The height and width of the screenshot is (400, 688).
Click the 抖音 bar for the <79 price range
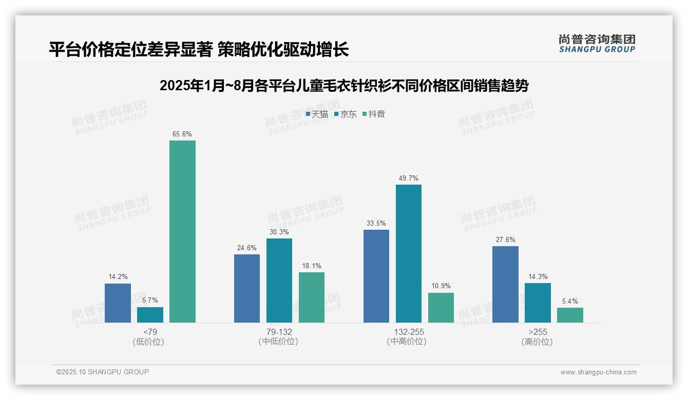[x=182, y=231]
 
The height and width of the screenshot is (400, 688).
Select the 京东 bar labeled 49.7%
[x=408, y=253]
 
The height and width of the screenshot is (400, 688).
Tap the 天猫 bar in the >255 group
[x=505, y=284]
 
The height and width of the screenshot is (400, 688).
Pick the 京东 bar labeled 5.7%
[x=150, y=314]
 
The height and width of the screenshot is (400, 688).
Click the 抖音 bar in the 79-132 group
[x=312, y=297]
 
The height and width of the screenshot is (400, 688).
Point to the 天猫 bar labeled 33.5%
[x=376, y=276]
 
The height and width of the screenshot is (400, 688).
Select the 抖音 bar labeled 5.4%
[x=570, y=315]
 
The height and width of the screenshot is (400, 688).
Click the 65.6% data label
[x=182, y=134]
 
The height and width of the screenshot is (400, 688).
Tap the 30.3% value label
[x=279, y=232]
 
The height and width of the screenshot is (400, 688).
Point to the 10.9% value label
[x=441, y=286]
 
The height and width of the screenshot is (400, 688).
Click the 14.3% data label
[x=538, y=277]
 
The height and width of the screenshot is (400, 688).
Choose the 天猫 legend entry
[x=317, y=114]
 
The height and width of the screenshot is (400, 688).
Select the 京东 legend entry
[x=346, y=114]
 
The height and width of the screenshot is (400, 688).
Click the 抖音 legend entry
[x=374, y=114]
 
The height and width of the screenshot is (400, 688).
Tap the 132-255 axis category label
[x=409, y=332]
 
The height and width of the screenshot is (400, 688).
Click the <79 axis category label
[x=150, y=332]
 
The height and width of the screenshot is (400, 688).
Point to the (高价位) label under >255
[x=537, y=342]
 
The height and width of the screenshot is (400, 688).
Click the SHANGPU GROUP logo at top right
[x=597, y=44]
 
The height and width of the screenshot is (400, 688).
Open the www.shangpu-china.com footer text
[x=598, y=372]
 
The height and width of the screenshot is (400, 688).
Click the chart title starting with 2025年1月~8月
[x=344, y=86]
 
